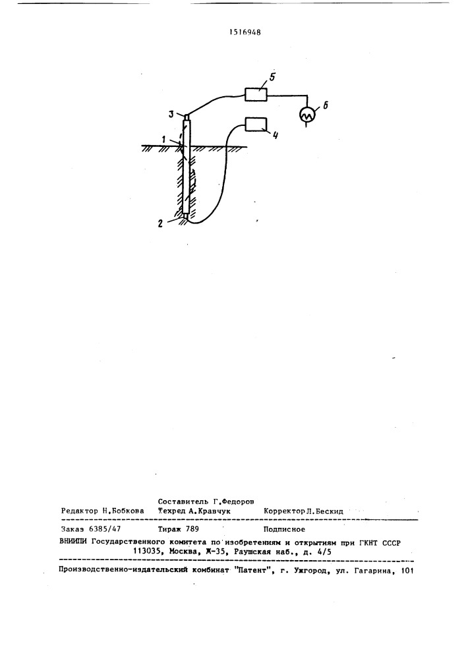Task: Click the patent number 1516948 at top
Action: pos(245,32)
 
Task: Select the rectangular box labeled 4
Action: pos(256,124)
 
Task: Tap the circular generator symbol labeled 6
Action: pos(307,114)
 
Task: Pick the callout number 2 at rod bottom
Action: pos(160,224)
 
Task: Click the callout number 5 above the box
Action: pos(272,77)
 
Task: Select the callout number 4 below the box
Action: pos(276,136)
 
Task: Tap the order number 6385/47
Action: pos(104,530)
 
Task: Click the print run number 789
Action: pos(192,530)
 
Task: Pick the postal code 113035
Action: pos(147,552)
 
